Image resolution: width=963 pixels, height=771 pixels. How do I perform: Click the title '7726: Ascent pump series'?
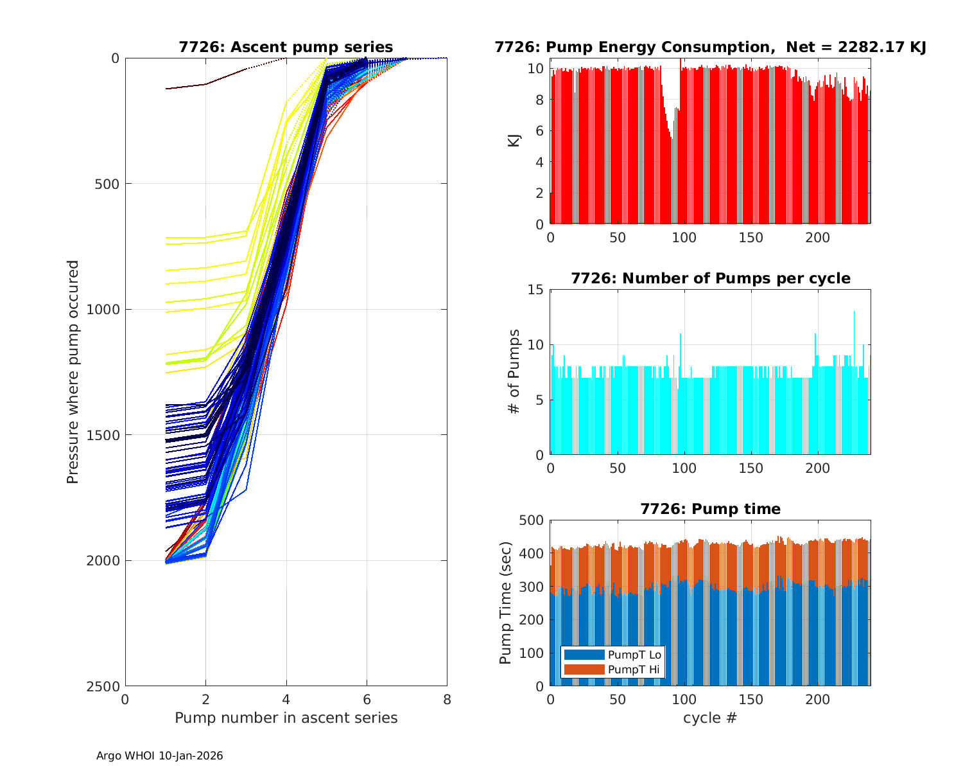286,47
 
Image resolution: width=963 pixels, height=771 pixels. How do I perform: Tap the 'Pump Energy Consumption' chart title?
710,47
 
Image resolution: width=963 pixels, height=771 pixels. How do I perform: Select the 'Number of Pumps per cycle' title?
710,278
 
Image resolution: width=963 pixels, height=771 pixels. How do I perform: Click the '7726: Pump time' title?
710,509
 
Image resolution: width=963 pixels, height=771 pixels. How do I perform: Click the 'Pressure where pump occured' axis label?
73,372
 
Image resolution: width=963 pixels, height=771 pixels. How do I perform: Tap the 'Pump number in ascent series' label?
286,718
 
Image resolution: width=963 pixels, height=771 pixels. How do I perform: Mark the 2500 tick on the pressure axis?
105,686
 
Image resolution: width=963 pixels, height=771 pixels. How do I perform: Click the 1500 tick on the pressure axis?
105,435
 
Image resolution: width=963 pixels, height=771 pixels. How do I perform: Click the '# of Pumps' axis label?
514,371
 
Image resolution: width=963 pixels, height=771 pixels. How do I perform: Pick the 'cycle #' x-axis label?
710,718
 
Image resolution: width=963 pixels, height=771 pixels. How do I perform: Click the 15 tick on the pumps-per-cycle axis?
536,290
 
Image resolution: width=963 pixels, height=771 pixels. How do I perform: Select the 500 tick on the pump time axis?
532,520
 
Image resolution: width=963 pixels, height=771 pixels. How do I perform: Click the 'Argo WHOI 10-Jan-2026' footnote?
159,756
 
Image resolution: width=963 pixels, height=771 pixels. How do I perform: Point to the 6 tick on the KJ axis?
540,130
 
